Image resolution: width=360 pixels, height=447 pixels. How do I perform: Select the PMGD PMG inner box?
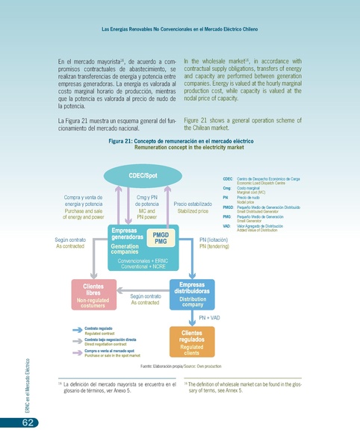[x=160, y=238]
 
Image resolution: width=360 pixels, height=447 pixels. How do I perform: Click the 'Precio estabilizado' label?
[x=193, y=207]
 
